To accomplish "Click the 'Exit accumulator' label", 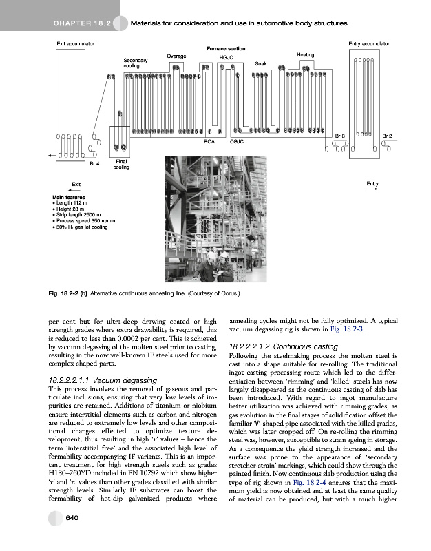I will tap(70, 43).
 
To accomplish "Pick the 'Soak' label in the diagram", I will tap(261, 63).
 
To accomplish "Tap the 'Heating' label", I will tap(305, 54).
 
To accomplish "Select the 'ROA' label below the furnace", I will tap(210, 141).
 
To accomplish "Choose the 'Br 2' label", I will tap(387, 136).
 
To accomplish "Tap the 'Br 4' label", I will tap(94, 163).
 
